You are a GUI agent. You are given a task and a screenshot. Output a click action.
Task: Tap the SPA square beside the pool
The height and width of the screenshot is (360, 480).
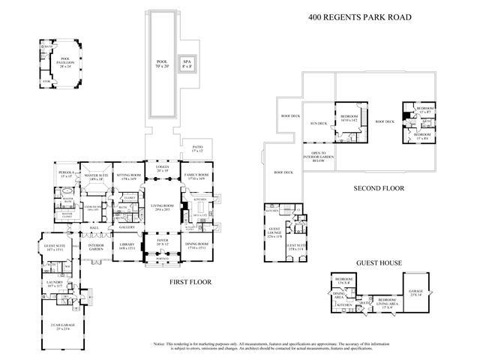(184, 64)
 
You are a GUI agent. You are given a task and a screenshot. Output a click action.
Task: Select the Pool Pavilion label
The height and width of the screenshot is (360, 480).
(51, 63)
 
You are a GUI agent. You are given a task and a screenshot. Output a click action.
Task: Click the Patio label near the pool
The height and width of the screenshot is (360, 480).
(197, 149)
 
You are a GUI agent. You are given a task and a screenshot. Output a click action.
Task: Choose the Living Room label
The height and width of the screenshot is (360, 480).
(162, 209)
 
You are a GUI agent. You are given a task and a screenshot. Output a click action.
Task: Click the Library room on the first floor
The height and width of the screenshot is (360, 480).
(126, 246)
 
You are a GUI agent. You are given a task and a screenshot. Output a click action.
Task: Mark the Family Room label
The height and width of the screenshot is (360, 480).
(196, 177)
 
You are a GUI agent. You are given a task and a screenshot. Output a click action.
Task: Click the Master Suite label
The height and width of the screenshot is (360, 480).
(95, 178)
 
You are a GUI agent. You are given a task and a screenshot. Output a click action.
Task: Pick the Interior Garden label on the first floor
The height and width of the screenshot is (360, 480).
(95, 246)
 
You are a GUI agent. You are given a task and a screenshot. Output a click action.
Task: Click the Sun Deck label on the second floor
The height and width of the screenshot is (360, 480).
(319, 123)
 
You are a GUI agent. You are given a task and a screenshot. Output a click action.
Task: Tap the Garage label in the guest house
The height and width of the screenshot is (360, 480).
(415, 294)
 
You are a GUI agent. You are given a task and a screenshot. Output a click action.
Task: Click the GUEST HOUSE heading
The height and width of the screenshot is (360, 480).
(380, 263)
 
